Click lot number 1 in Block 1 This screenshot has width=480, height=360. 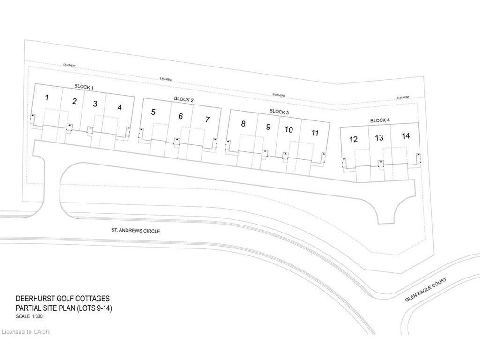47,98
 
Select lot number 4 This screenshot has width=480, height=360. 120,107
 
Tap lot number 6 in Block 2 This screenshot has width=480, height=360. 180,116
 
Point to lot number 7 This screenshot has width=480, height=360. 207,119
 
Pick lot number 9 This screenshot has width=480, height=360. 268,127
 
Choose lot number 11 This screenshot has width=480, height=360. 315,133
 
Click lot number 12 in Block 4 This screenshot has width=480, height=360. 353,139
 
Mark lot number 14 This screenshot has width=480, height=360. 406,136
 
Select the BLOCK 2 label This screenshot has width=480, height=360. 184,99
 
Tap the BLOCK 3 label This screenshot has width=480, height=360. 279,112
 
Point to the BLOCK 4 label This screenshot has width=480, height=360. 380,120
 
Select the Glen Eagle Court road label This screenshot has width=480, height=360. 427,290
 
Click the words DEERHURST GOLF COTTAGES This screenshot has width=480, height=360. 63,299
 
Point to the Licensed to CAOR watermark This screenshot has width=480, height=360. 26,332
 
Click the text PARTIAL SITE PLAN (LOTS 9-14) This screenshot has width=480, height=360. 64,308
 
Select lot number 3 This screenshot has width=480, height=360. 95,104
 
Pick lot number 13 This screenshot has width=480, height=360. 380,138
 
